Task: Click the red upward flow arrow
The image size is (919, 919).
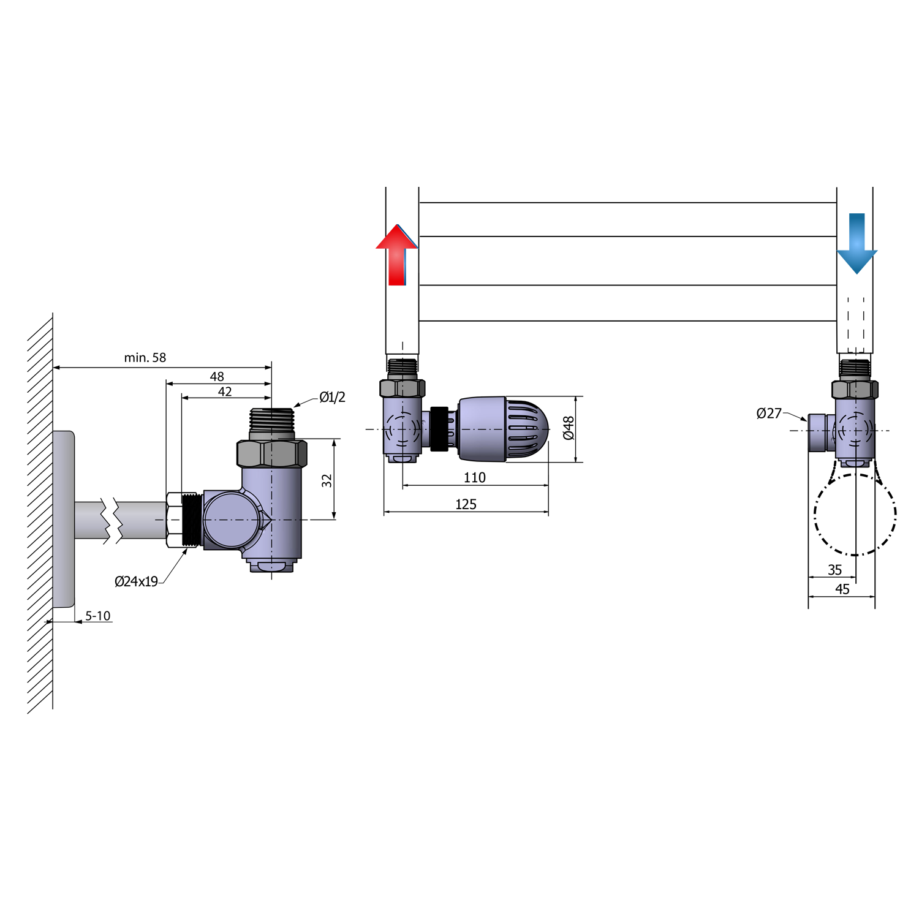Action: point(397,255)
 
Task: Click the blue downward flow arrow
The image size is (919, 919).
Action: point(857,243)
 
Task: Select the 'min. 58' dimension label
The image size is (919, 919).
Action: point(145,358)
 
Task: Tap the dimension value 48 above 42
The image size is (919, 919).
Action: point(217,376)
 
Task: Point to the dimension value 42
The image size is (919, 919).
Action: point(225,391)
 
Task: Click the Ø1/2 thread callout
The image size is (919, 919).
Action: point(332,397)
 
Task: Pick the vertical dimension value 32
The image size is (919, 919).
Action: point(327,480)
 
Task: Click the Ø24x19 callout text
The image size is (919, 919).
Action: point(136,581)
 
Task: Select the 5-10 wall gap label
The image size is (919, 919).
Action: point(98,616)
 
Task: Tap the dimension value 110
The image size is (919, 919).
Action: point(475,477)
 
